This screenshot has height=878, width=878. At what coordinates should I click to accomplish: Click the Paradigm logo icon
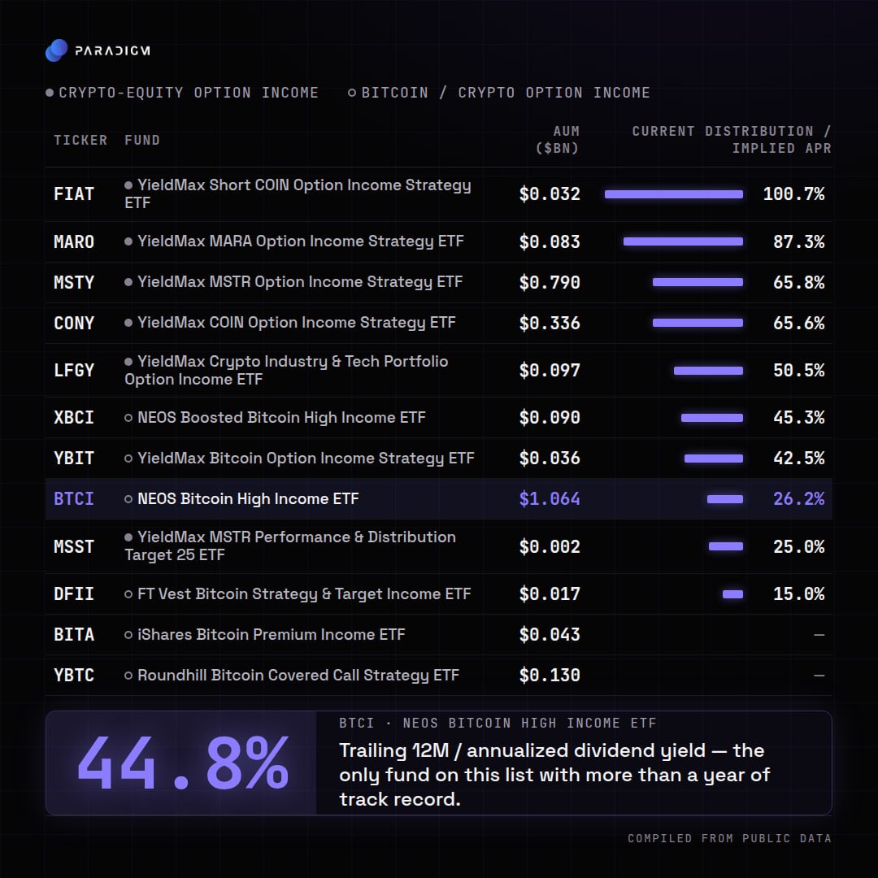point(56,50)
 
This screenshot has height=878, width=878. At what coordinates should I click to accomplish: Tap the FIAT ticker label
point(74,193)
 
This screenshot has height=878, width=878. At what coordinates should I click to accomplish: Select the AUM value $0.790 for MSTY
point(550,282)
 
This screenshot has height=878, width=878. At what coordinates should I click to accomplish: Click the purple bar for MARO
point(683,241)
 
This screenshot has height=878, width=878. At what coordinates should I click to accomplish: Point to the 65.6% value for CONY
point(798,323)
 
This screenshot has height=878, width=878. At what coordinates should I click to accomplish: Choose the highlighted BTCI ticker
point(74,499)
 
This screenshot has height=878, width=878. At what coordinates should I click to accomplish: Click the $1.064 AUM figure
point(550,499)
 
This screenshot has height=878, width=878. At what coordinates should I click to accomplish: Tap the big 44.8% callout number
point(183,763)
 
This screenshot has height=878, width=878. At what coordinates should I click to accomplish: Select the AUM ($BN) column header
point(558,140)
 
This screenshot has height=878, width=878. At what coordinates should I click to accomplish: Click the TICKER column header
point(80,140)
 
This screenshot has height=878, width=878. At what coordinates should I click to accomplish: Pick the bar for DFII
point(733,594)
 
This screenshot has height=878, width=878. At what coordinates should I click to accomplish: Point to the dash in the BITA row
point(819,635)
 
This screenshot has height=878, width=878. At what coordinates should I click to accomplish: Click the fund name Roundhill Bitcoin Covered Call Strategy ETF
point(298,676)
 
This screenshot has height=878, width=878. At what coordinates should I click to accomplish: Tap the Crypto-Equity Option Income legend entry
point(182,93)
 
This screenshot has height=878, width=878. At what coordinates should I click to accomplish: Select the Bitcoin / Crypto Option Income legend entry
point(499,93)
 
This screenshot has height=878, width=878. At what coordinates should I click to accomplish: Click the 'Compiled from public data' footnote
point(729,838)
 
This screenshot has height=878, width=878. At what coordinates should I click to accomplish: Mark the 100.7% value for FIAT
point(793,193)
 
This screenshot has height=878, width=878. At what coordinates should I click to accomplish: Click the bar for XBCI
point(711,418)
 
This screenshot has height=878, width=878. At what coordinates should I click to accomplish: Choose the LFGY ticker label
point(74,370)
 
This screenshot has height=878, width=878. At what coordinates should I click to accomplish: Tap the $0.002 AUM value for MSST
point(550,546)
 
